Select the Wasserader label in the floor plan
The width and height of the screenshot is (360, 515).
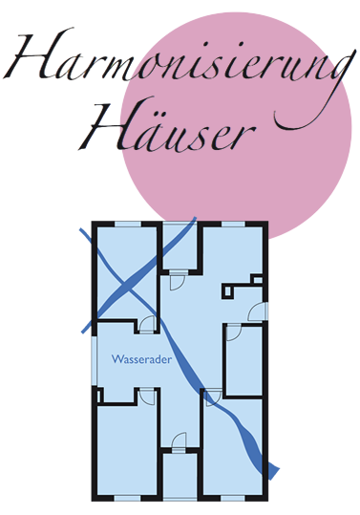[140, 361]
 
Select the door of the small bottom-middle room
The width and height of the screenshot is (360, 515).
[179, 441]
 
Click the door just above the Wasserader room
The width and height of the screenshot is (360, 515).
[146, 325]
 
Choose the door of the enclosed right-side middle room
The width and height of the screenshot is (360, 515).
[231, 333]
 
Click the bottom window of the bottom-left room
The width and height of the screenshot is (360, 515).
[126, 498]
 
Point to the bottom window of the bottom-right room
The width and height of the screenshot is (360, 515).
[233, 498]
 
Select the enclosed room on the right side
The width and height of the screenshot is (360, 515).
[244, 358]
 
